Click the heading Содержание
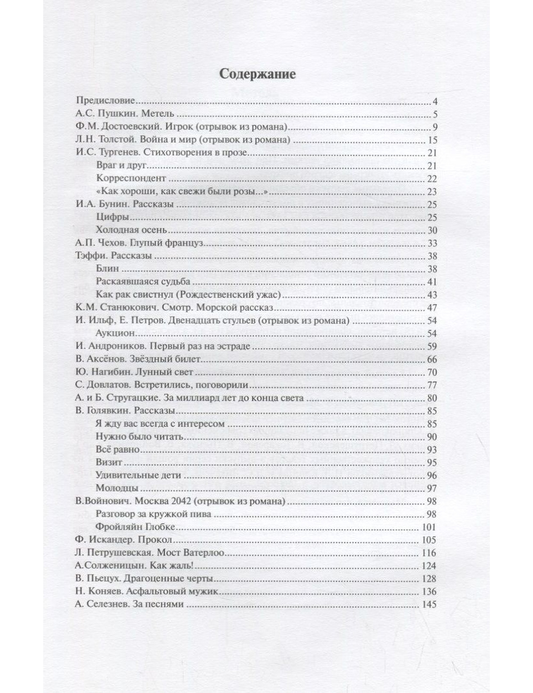pyautogui.click(x=257, y=74)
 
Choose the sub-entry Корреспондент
pyautogui.click(x=131, y=179)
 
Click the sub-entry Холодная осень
pyautogui.click(x=132, y=230)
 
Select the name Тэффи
pyautogui.click(x=88, y=256)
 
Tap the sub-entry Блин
pyautogui.click(x=108, y=269)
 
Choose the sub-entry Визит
pyautogui.click(x=109, y=462)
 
